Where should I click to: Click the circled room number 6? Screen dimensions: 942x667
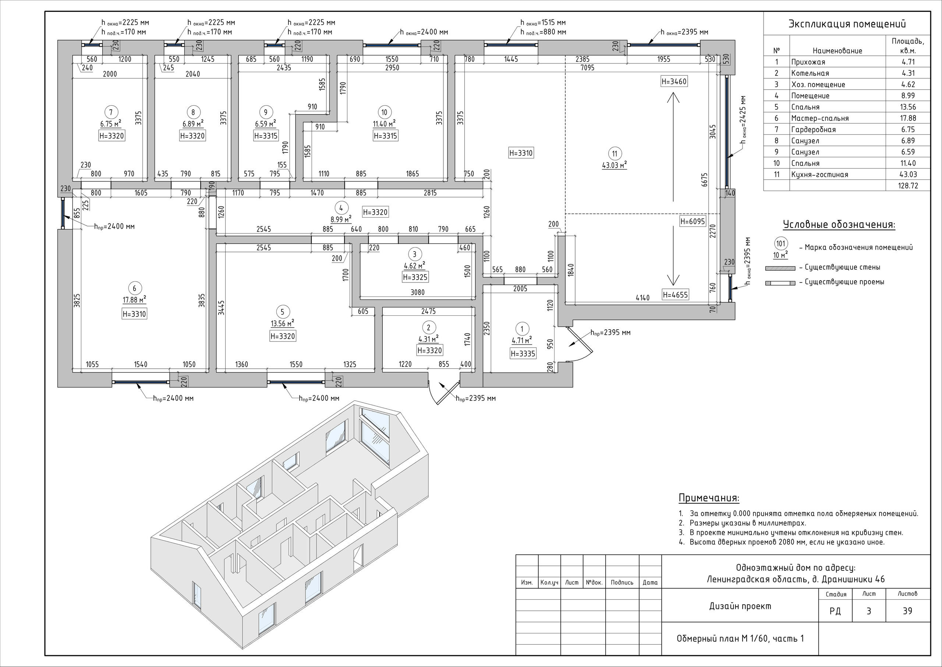135,288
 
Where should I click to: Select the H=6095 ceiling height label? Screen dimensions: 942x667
692,221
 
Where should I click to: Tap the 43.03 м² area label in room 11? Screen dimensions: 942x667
614,165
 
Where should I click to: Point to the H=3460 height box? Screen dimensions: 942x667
674,81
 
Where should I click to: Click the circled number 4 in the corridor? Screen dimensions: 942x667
341,208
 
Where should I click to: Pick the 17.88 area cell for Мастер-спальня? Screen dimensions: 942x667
907,118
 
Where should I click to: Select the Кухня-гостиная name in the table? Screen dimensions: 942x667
819,175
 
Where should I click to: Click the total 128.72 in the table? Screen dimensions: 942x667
908,186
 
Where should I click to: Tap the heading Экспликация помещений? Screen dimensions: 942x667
847,24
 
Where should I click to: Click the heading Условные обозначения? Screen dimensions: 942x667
839,225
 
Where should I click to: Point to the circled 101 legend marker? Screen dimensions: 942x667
780,243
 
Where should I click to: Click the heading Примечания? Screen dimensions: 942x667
709,498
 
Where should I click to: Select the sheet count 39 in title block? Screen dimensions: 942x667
907,611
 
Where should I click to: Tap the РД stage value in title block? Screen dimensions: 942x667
835,611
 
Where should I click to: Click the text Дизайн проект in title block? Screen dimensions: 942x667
740,606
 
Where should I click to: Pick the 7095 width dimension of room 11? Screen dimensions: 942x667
588,68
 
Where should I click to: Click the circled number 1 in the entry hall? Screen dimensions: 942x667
522,329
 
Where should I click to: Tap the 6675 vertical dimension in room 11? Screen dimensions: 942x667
705,179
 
